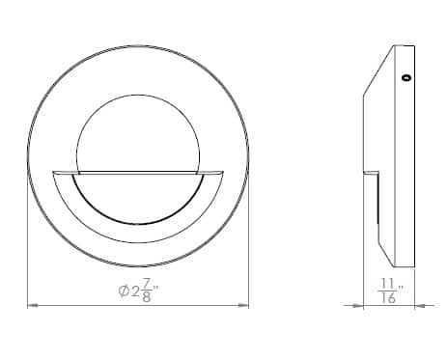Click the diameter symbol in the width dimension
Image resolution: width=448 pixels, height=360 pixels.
[x=124, y=291]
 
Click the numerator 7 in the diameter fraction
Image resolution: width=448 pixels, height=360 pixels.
[x=147, y=284]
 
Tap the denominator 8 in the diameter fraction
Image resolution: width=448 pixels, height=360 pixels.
[x=147, y=297]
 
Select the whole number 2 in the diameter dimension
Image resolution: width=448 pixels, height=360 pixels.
[x=135, y=291]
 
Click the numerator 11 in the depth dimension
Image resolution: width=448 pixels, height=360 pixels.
[x=388, y=284]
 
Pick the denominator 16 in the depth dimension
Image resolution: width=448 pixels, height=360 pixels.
[x=388, y=298]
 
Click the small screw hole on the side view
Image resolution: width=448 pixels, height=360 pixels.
[x=407, y=77]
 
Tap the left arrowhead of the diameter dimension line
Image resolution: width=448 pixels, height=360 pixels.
[x=33, y=305]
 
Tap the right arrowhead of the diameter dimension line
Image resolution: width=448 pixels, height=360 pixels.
[x=243, y=305]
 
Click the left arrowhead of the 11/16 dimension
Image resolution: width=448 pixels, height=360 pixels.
[x=358, y=306]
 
